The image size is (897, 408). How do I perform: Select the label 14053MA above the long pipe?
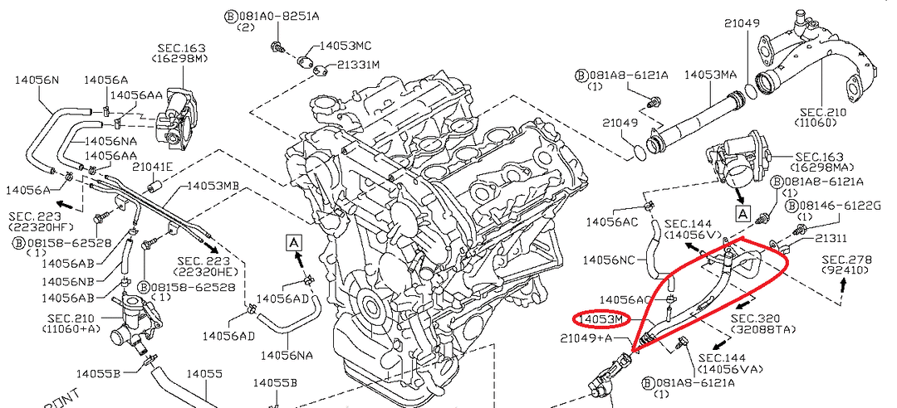tap(710, 75)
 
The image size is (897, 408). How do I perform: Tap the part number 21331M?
tap(358, 65)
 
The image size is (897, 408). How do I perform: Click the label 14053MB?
tap(213, 186)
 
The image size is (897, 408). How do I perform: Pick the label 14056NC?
tap(610, 260)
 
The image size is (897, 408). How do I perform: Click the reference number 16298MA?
tap(819, 168)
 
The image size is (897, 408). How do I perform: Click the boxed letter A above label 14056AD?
tap(295, 242)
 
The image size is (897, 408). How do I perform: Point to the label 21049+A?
tap(586, 338)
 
